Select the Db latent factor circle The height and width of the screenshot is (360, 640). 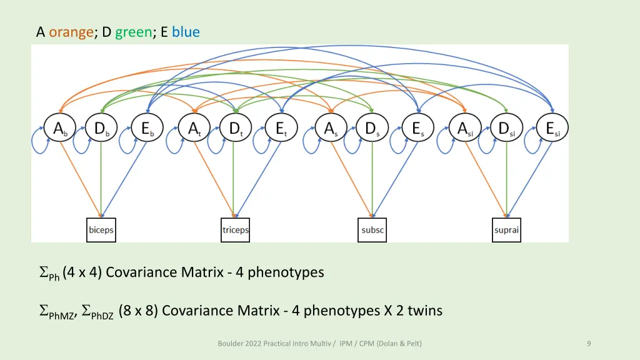point(101,129)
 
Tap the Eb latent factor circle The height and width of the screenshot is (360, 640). point(147,129)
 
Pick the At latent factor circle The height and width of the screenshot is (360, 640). point(195,129)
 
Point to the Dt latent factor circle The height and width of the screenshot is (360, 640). point(236,129)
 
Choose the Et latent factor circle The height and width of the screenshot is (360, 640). point(282,129)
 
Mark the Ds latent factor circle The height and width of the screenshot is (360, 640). point(372,129)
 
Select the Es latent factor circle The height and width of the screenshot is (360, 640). point(417,129)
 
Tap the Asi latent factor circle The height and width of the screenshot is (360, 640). point(466,129)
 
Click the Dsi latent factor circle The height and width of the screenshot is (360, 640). point(506,129)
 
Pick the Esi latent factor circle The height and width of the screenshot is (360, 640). point(552,129)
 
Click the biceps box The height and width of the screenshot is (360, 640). point(101,230)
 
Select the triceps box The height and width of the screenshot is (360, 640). point(236,230)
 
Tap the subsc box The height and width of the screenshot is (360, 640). point(372,230)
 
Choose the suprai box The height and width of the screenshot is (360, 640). point(506,230)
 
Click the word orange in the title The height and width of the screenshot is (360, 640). point(71,32)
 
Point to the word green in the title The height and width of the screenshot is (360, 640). point(133,32)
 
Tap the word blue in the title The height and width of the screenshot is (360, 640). point(186,32)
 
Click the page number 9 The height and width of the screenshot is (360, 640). point(589,343)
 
